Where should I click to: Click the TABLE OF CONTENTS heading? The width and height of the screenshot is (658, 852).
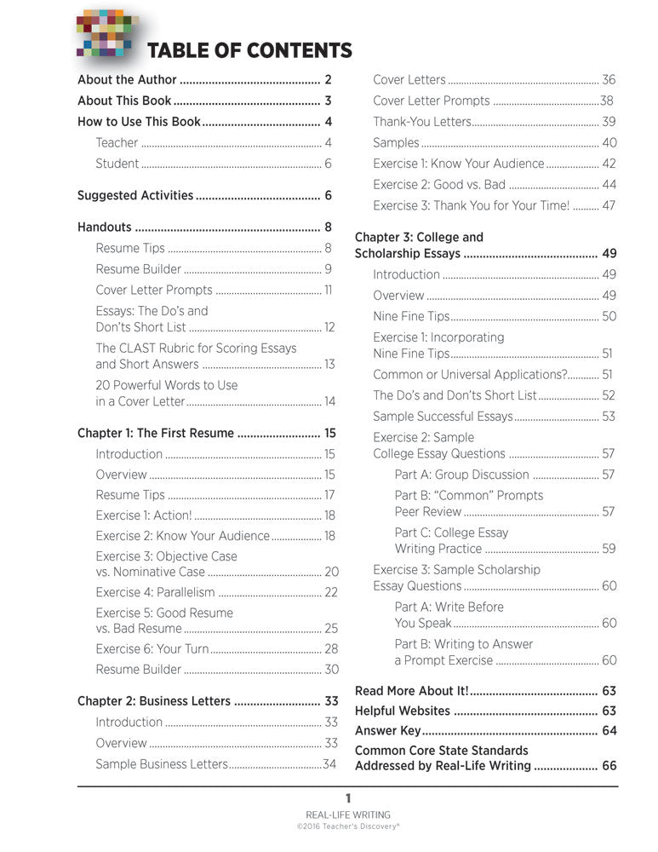pyautogui.click(x=249, y=50)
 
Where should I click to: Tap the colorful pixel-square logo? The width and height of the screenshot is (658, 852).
pyautogui.click(x=105, y=35)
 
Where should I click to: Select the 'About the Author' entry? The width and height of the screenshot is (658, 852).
pyautogui.click(x=127, y=80)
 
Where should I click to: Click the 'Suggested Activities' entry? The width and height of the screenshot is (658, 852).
pyautogui.click(x=135, y=196)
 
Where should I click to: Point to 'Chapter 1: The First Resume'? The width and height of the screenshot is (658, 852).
pyautogui.click(x=155, y=434)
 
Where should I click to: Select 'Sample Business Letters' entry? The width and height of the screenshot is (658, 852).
pyautogui.click(x=162, y=764)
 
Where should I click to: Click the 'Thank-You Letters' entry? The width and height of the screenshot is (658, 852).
pyautogui.click(x=421, y=122)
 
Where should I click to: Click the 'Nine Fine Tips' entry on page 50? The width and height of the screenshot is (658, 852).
pyautogui.click(x=411, y=316)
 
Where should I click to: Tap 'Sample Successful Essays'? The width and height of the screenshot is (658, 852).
pyautogui.click(x=443, y=417)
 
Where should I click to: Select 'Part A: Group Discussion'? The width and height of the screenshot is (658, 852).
pyautogui.click(x=461, y=475)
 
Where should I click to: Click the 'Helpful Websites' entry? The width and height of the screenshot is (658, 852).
pyautogui.click(x=402, y=711)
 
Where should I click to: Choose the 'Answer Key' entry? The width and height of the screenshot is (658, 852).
pyautogui.click(x=387, y=731)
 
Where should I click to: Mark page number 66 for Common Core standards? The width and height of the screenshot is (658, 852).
pyautogui.click(x=609, y=766)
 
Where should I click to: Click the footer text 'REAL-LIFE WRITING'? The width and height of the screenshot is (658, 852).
pyautogui.click(x=347, y=815)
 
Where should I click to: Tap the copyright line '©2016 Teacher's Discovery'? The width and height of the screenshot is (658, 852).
pyautogui.click(x=347, y=826)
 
